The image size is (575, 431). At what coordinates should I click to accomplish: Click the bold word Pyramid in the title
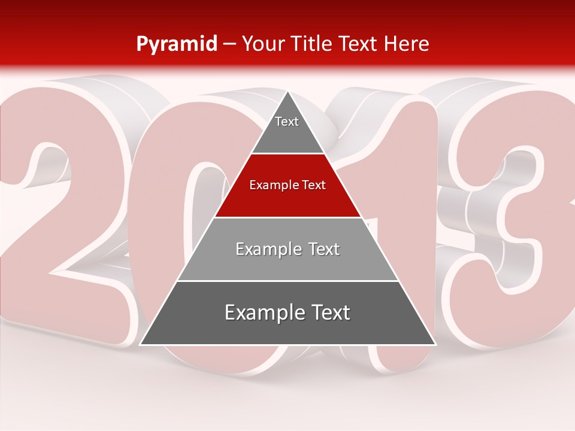(x=177, y=44)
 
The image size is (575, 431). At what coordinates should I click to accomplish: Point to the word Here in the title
(x=406, y=44)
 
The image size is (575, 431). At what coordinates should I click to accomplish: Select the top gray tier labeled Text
(x=287, y=135)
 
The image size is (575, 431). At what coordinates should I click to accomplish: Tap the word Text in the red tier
(x=314, y=186)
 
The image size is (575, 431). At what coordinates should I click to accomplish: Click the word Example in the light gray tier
(x=267, y=249)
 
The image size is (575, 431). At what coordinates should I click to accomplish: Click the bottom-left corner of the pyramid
(x=141, y=344)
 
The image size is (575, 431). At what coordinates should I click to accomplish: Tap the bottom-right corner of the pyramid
(x=435, y=344)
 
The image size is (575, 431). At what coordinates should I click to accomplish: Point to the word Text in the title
(x=359, y=44)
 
